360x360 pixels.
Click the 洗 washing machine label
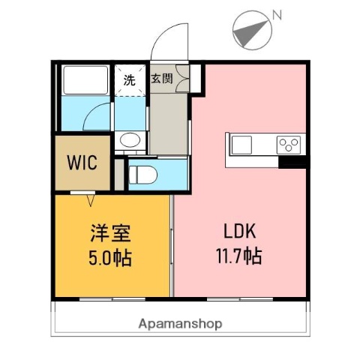(129, 81)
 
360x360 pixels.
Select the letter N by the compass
(277, 13)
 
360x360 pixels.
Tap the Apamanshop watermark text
(180, 324)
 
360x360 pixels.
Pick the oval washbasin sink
(129, 139)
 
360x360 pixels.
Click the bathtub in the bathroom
(84, 80)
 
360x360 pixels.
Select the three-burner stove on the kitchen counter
(288, 143)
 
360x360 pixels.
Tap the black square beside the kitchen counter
(292, 161)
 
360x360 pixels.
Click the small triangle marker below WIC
(91, 199)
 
